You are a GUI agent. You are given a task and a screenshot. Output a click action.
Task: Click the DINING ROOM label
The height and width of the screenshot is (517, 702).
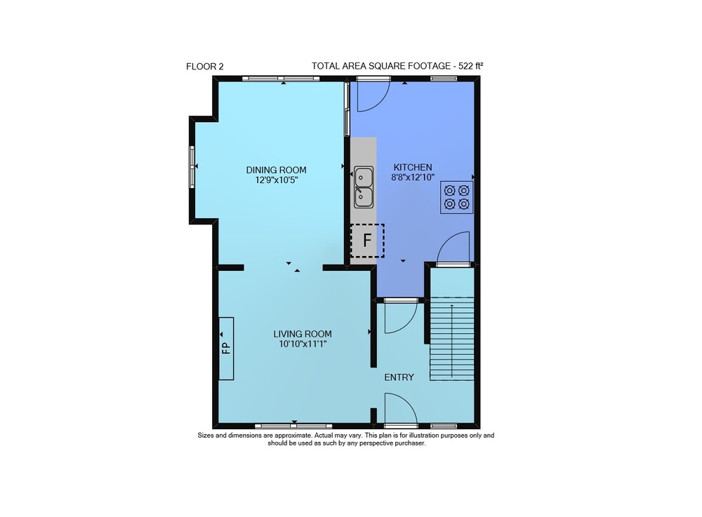coord(276,170)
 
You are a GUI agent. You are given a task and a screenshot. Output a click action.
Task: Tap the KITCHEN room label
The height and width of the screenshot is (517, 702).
coord(413,167)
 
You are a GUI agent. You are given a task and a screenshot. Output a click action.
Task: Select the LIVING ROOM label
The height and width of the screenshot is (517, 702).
coord(303,334)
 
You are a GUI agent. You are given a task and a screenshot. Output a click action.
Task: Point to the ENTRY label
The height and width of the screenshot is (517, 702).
coord(399,377)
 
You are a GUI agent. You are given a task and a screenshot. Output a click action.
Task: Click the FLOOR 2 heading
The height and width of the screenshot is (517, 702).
coord(204,67)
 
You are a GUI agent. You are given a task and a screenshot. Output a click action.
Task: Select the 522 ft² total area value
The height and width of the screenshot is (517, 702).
coord(471,66)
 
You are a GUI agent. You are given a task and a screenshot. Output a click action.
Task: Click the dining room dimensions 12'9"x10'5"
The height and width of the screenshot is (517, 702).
coord(276,180)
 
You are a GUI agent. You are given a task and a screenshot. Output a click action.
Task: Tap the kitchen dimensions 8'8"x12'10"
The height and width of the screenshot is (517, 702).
coord(413,177)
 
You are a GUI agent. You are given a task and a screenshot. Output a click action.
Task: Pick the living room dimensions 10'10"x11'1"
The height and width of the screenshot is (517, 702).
coord(303,344)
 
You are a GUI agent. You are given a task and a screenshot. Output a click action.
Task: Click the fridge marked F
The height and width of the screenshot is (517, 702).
coord(367,241)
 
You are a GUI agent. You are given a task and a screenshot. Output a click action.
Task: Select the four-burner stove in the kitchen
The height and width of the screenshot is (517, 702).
coord(457,197)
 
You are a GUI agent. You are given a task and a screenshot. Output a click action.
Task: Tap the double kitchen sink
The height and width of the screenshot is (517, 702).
coord(364,187)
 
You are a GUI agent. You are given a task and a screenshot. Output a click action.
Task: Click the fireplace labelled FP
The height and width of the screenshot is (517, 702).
coord(226,349)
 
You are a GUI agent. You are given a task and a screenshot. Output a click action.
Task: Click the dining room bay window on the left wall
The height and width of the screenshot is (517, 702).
coord(192,166)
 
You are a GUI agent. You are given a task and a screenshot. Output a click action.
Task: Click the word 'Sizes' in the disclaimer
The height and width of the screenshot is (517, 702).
coord(206,435)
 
